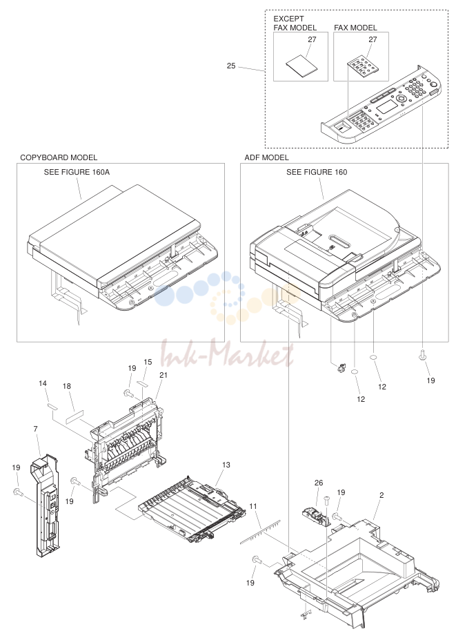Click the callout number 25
pyautogui.click(x=231, y=66)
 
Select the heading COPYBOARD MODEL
pyautogui.click(x=59, y=157)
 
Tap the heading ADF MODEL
pyautogui.click(x=266, y=157)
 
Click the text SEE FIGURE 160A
pyautogui.click(x=77, y=172)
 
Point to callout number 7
pyautogui.click(x=36, y=429)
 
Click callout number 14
pyautogui.click(x=43, y=383)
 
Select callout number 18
pyautogui.click(x=67, y=386)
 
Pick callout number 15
pyautogui.click(x=148, y=362)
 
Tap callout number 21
pyautogui.click(x=163, y=375)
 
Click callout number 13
pyautogui.click(x=226, y=465)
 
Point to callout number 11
pyautogui.click(x=253, y=507)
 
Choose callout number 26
pyautogui.click(x=319, y=483)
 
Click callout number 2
pyautogui.click(x=381, y=495)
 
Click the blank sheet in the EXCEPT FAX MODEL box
pyautogui.click(x=301, y=66)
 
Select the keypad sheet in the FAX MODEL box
pyautogui.click(x=363, y=66)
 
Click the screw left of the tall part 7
pyautogui.click(x=17, y=492)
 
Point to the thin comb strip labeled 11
pyautogui.click(x=260, y=531)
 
